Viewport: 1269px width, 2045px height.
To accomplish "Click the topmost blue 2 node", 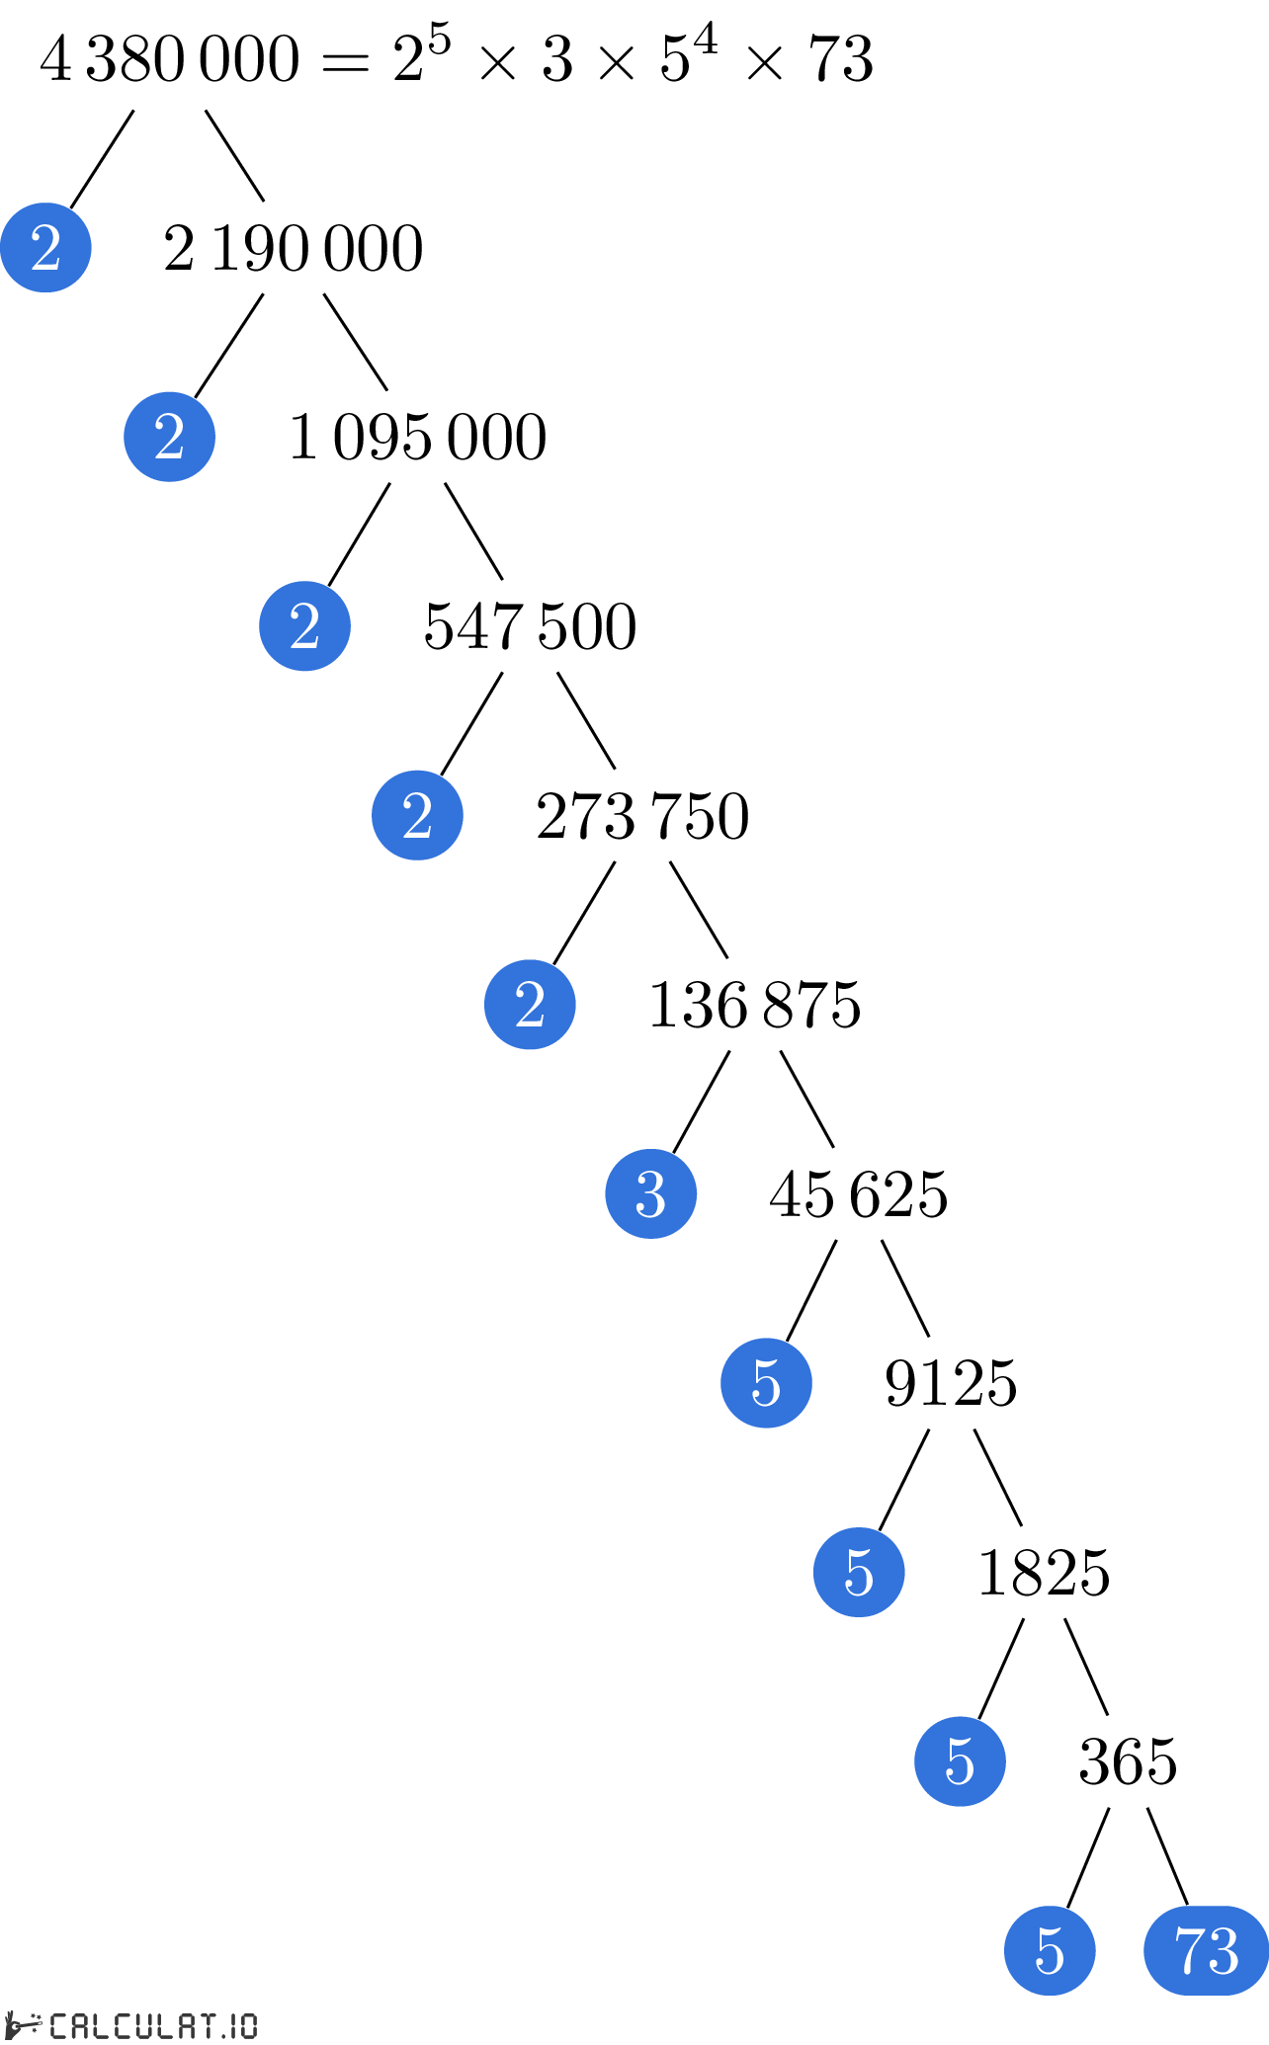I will point(45,247).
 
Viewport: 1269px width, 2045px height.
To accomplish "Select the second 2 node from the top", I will point(169,437).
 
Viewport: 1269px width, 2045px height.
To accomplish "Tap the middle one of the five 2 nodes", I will point(304,626).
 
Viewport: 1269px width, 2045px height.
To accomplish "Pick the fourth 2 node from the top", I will point(417,815).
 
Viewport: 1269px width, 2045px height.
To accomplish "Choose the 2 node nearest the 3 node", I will point(530,1005).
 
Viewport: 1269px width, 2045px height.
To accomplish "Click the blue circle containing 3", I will point(650,1193).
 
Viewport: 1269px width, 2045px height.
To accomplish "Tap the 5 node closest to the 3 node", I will point(766,1383).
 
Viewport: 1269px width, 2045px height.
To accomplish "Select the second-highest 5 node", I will point(859,1572).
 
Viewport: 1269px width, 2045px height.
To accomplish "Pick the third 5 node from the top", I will point(960,1761).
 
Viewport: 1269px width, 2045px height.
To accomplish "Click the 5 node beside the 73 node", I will point(1050,1950).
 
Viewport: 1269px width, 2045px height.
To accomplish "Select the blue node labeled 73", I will point(1206,1950).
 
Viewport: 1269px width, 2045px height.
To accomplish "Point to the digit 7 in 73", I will point(1189,1951).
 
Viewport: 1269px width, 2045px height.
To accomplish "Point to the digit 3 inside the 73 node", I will point(1224,1951).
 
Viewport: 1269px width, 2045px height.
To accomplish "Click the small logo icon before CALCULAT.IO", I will point(23,2024).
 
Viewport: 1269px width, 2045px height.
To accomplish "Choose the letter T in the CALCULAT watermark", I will point(206,2026).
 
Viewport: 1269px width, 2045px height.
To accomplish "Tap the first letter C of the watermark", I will point(59,2026).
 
